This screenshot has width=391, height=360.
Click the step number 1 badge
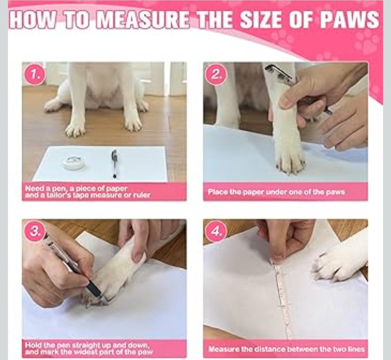click(35, 75)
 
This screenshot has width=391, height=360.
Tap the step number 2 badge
click(216, 75)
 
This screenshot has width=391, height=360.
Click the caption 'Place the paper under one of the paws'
click(276, 192)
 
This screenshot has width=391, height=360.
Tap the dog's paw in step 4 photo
click(337, 266)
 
